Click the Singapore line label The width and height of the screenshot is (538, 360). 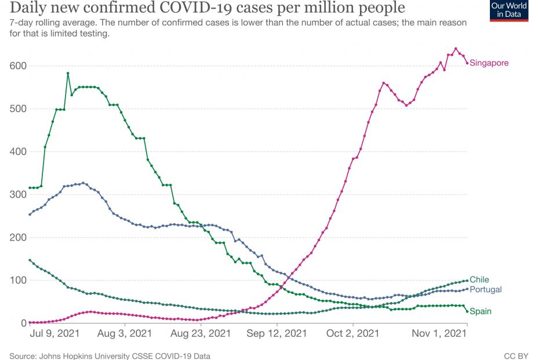(489, 63)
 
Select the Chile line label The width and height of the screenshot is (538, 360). (479, 280)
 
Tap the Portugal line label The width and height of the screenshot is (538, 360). (485, 289)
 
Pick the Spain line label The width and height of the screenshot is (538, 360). (480, 311)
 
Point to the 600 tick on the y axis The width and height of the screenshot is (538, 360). (17, 66)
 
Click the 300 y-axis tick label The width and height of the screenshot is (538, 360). (17, 195)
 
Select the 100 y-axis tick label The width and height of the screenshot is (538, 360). (17, 281)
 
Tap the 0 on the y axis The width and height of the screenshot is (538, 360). (23, 323)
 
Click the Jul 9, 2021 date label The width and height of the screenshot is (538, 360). (54, 334)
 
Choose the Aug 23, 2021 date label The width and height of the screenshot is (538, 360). (201, 334)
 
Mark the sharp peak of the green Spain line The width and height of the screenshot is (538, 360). (68, 73)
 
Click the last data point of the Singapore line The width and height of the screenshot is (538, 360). (467, 63)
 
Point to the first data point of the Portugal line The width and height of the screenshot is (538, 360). (30, 214)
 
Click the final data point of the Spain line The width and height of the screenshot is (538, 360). (467, 311)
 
